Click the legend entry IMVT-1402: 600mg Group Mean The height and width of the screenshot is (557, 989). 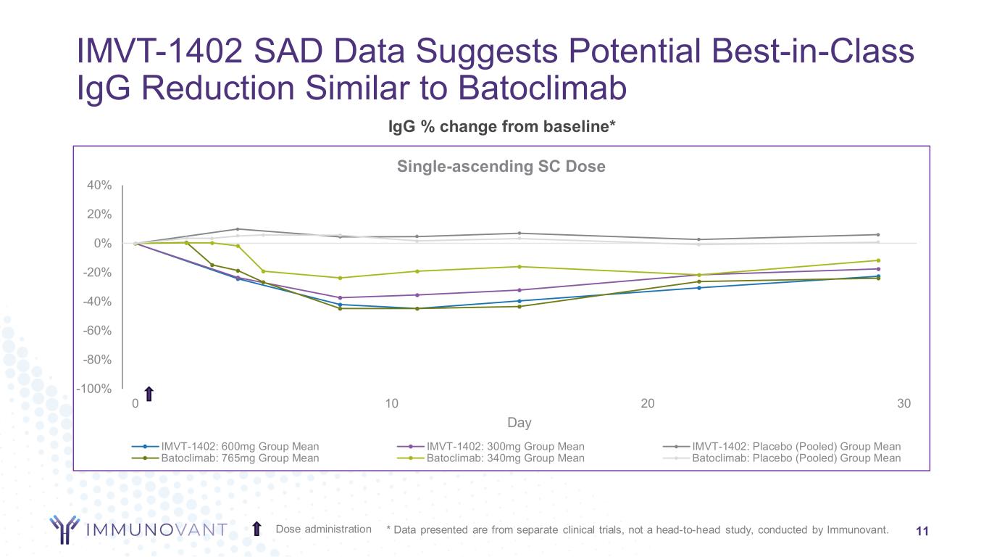coord(240,447)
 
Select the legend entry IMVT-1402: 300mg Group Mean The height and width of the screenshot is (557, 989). coord(505,447)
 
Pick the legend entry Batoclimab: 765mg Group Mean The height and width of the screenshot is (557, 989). coord(240,458)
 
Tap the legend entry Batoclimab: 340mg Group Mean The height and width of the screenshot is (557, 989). coord(505,458)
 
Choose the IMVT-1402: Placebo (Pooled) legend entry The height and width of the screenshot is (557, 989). coord(796,447)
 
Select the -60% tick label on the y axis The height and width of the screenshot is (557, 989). coord(98,331)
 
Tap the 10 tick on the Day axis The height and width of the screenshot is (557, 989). coord(392,404)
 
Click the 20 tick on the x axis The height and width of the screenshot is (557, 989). coord(648,404)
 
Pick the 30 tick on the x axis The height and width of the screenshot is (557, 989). coord(904,404)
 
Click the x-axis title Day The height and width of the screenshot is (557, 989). coord(519,423)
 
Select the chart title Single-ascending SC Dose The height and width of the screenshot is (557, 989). coord(501,167)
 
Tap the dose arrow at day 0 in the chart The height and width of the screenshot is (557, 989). coord(149,394)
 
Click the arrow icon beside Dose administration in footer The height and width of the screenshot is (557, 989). coord(257,529)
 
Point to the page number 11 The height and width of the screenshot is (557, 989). coord(922,531)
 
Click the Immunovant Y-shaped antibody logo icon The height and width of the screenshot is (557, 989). coord(64,529)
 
